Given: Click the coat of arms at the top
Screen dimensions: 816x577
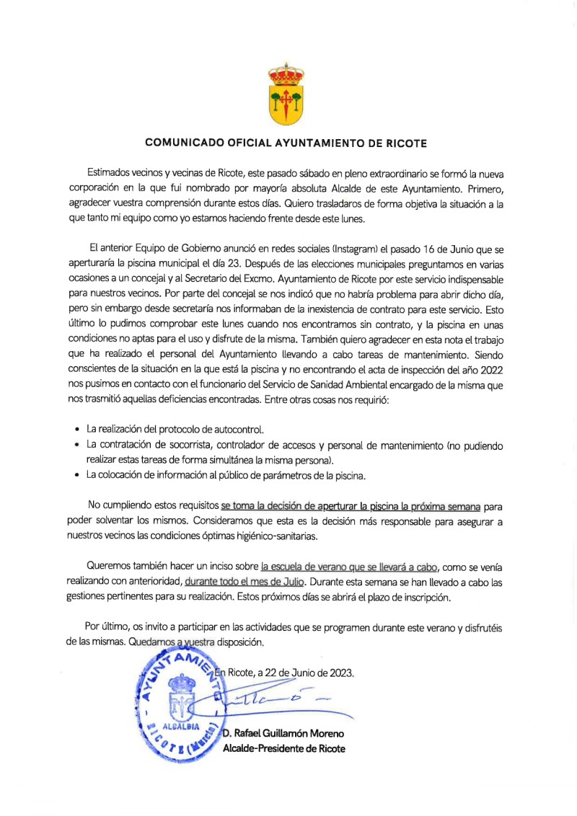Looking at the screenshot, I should (x=286, y=94).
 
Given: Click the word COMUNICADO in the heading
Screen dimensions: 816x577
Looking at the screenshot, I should (x=182, y=143).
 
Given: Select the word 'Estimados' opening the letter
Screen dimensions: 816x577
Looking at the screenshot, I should (x=111, y=174).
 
